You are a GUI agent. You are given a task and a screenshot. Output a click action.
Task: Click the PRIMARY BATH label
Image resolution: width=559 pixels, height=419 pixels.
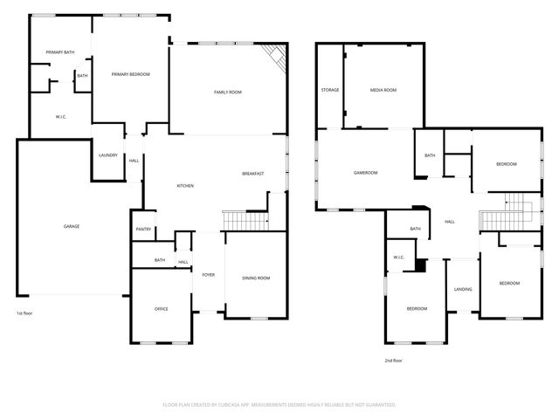click(59, 53)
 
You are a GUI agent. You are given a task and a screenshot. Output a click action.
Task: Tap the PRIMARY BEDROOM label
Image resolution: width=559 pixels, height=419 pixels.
click(131, 74)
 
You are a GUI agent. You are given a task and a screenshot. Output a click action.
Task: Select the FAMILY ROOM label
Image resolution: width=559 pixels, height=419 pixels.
click(228, 92)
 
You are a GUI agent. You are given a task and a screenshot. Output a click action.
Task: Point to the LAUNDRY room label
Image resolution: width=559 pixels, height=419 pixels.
click(108, 155)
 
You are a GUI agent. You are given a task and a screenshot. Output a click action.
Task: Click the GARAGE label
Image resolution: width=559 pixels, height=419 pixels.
click(72, 226)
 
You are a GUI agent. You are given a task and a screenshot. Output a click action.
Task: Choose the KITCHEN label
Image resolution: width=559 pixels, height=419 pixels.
click(185, 186)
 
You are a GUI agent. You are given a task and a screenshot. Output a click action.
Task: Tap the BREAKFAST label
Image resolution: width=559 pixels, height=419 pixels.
click(253, 174)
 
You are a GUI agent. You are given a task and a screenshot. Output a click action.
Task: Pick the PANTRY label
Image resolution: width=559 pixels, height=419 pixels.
click(144, 230)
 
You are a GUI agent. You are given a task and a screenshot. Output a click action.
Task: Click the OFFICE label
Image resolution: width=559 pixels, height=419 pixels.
click(161, 308)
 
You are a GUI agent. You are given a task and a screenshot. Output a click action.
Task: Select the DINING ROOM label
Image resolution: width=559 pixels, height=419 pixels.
click(256, 278)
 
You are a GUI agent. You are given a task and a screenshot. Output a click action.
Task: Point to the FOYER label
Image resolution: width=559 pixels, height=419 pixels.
click(208, 275)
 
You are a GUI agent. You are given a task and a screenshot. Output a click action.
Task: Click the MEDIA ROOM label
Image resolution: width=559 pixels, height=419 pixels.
click(383, 90)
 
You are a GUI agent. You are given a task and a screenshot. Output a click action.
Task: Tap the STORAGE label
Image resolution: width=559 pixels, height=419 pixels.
click(329, 90)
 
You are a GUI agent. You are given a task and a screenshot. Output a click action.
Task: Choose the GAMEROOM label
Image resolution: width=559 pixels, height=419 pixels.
click(365, 173)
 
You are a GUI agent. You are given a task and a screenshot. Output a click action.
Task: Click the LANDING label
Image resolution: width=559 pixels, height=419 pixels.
click(463, 290)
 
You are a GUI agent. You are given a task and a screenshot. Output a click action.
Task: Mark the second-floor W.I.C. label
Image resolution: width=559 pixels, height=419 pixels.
click(398, 258)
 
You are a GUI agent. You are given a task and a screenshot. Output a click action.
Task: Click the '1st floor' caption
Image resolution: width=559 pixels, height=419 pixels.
click(24, 313)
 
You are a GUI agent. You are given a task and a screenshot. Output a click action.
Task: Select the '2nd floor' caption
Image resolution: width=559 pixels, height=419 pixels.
click(393, 361)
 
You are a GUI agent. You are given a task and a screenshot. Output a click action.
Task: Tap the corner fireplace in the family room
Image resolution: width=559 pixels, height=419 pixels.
click(276, 57)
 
